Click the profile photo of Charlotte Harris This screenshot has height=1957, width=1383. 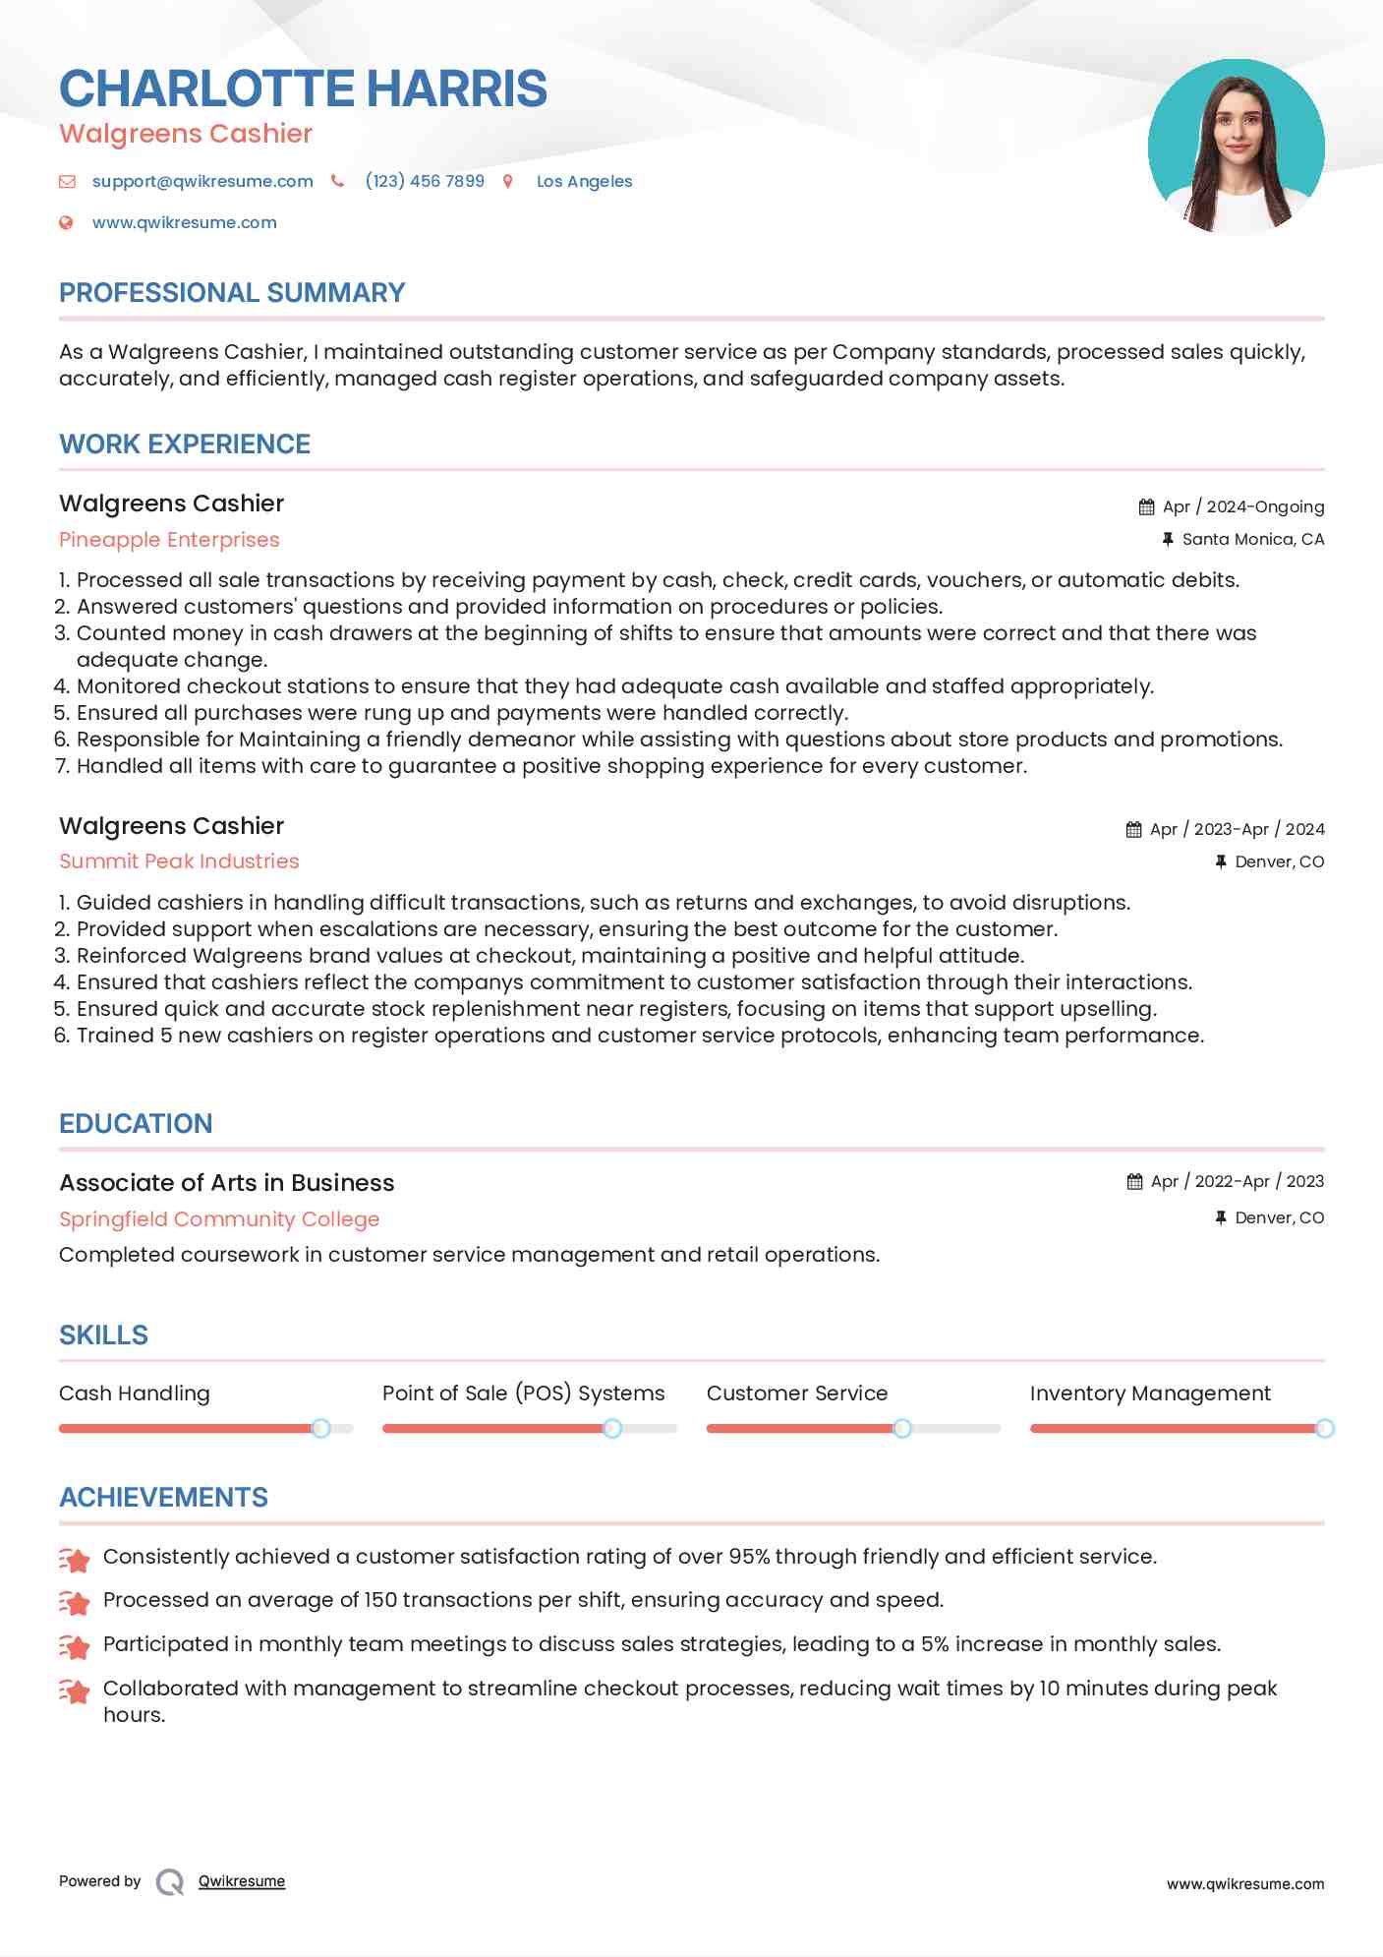coord(1236,148)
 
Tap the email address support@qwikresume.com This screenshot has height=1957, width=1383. coord(202,181)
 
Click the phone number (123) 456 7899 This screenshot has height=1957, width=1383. coord(425,181)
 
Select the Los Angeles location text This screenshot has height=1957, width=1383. coord(584,181)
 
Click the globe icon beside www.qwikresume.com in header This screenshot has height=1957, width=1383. coord(66,222)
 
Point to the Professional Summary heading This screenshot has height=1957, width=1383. coord(232,293)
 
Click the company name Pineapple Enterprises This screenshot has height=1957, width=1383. coord(169,540)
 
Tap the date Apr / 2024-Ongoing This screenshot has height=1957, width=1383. coord(1242,506)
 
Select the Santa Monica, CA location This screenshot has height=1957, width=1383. coord(1252,539)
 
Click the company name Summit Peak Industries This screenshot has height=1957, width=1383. coord(179,861)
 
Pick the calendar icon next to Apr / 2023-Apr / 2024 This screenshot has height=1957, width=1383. coord(1133,829)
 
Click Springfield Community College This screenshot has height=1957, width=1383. coord(219,1219)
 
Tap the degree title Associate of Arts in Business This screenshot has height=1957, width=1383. coord(226,1183)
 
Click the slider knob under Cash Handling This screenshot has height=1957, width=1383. coord(320,1428)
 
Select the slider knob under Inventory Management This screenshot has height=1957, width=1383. coord(1324,1428)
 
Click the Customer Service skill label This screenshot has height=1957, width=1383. coord(796,1394)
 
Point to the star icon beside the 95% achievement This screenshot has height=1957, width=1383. coord(75,1559)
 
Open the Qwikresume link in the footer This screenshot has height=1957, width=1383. coord(242,1881)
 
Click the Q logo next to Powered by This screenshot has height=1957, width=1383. coord(170,1881)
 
